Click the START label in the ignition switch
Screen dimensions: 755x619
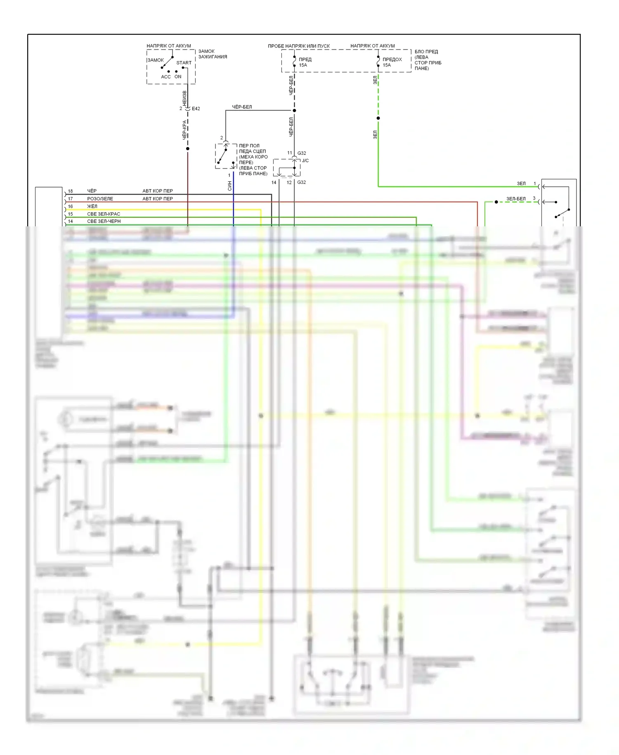[x=184, y=63]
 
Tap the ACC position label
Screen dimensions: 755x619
[x=165, y=77]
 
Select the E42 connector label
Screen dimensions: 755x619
[x=196, y=109]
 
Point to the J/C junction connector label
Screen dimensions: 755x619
[x=305, y=161]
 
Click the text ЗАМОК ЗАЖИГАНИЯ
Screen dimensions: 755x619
[x=213, y=54]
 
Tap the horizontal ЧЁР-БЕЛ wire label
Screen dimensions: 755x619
[x=242, y=107]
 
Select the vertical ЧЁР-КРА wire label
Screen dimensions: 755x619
[x=184, y=130]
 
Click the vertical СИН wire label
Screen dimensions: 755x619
[x=230, y=186]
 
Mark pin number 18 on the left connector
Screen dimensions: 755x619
[x=70, y=191]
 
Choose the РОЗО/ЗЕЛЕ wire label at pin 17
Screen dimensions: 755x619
[x=100, y=199]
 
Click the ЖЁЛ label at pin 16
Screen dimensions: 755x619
[x=92, y=206]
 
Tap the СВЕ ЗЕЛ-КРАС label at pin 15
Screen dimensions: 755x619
[x=104, y=214]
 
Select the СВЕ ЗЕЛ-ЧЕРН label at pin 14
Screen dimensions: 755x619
[x=104, y=221]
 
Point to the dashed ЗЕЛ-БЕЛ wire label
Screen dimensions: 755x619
[x=516, y=199]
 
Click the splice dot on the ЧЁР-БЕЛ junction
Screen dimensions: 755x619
[x=294, y=110]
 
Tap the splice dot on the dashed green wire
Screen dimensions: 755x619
[x=378, y=118]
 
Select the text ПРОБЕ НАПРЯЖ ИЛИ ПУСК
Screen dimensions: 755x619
[x=299, y=46]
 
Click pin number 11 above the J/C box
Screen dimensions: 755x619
[x=289, y=153]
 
